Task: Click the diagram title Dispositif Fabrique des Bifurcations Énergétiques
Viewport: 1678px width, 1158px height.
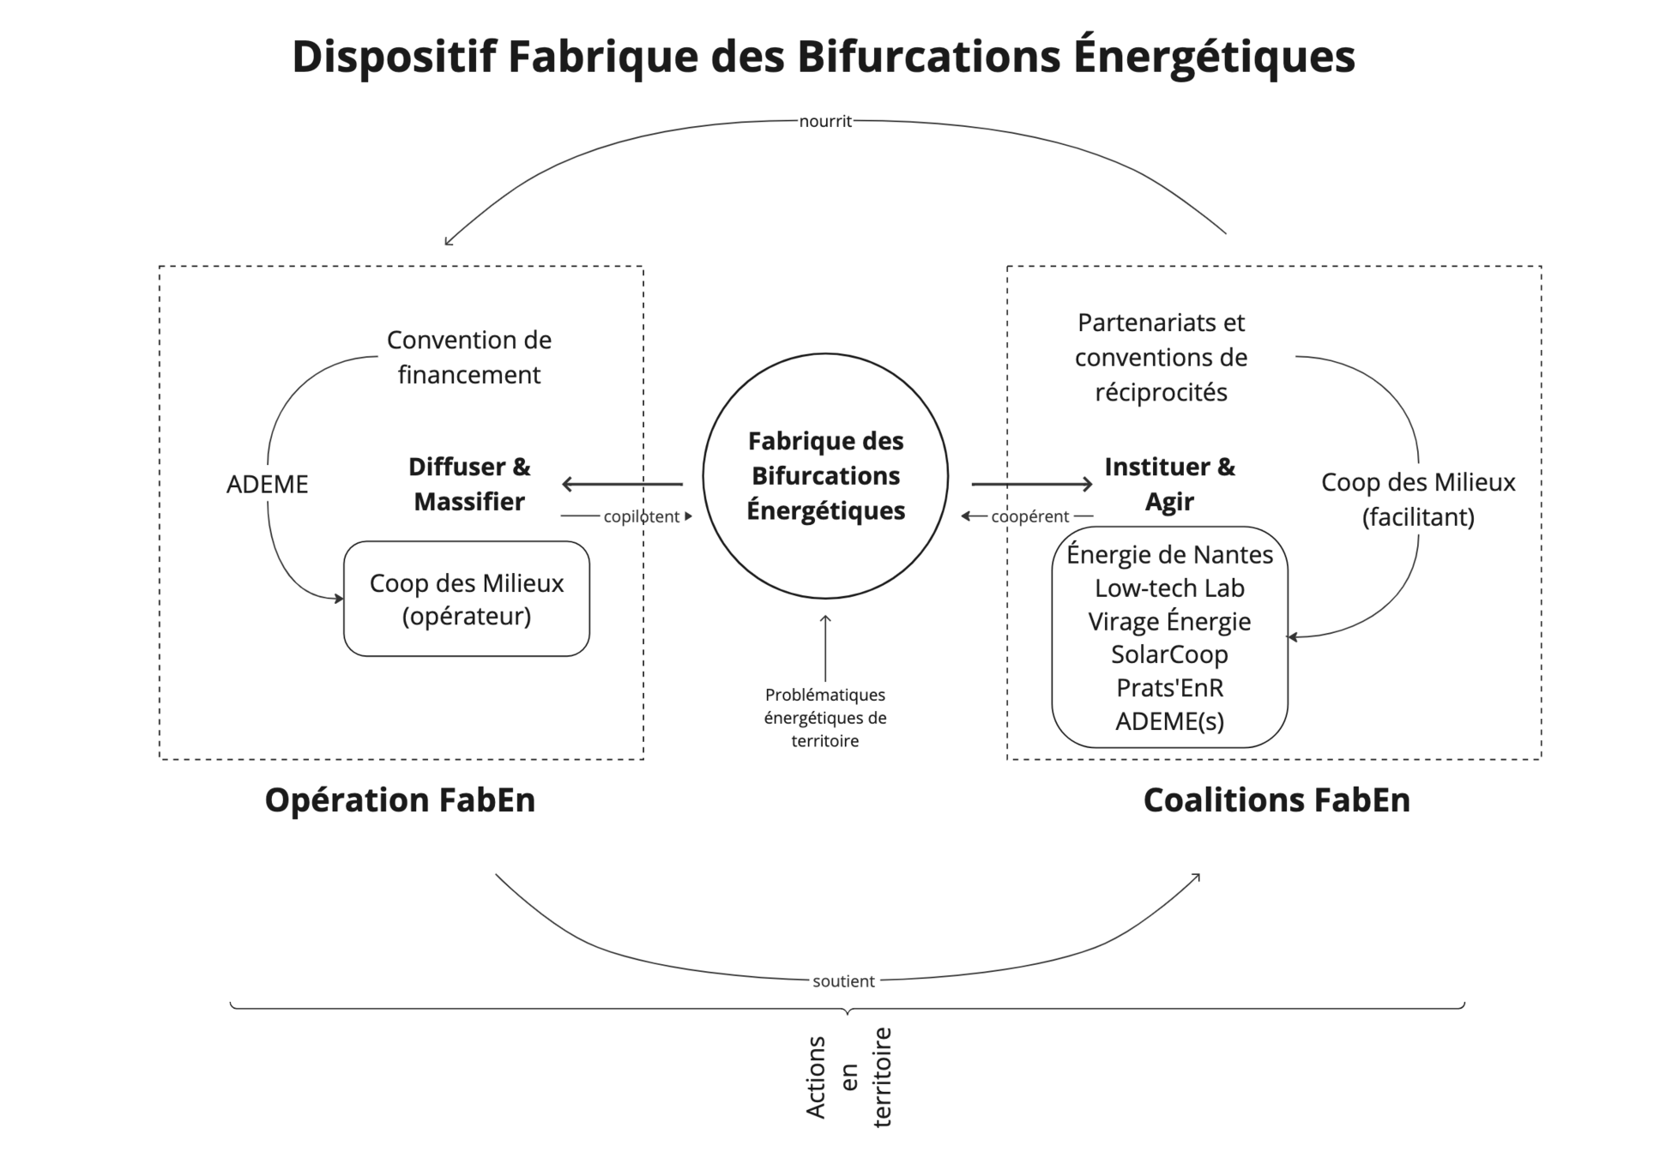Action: point(824,57)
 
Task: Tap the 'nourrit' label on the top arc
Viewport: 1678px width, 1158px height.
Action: point(825,122)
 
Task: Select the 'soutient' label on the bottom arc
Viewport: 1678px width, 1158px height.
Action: point(844,981)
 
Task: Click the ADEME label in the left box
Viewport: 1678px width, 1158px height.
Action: point(267,484)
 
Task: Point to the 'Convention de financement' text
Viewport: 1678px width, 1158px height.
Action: point(468,358)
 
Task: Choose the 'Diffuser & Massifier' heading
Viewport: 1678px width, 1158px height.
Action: point(469,485)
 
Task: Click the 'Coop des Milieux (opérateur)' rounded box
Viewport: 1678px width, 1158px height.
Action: point(467,600)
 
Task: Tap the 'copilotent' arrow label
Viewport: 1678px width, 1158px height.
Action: point(641,517)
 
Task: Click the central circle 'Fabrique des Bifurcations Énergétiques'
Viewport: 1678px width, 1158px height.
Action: point(825,476)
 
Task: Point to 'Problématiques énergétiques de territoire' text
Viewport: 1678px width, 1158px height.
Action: point(825,718)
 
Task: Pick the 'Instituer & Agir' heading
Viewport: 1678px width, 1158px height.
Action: point(1170,485)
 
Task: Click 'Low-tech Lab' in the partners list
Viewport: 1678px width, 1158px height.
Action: point(1169,588)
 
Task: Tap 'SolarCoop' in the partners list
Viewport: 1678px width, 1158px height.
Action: point(1169,654)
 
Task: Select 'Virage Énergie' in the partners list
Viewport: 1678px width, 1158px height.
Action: point(1169,622)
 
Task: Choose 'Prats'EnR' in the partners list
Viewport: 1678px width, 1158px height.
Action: point(1169,688)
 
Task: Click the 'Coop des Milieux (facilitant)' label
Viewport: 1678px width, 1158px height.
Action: point(1418,500)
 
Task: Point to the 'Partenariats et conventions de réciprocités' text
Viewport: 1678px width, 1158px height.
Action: point(1161,358)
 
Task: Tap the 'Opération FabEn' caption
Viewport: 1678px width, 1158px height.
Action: point(400,800)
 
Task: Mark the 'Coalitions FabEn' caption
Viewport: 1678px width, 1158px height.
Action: point(1277,800)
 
